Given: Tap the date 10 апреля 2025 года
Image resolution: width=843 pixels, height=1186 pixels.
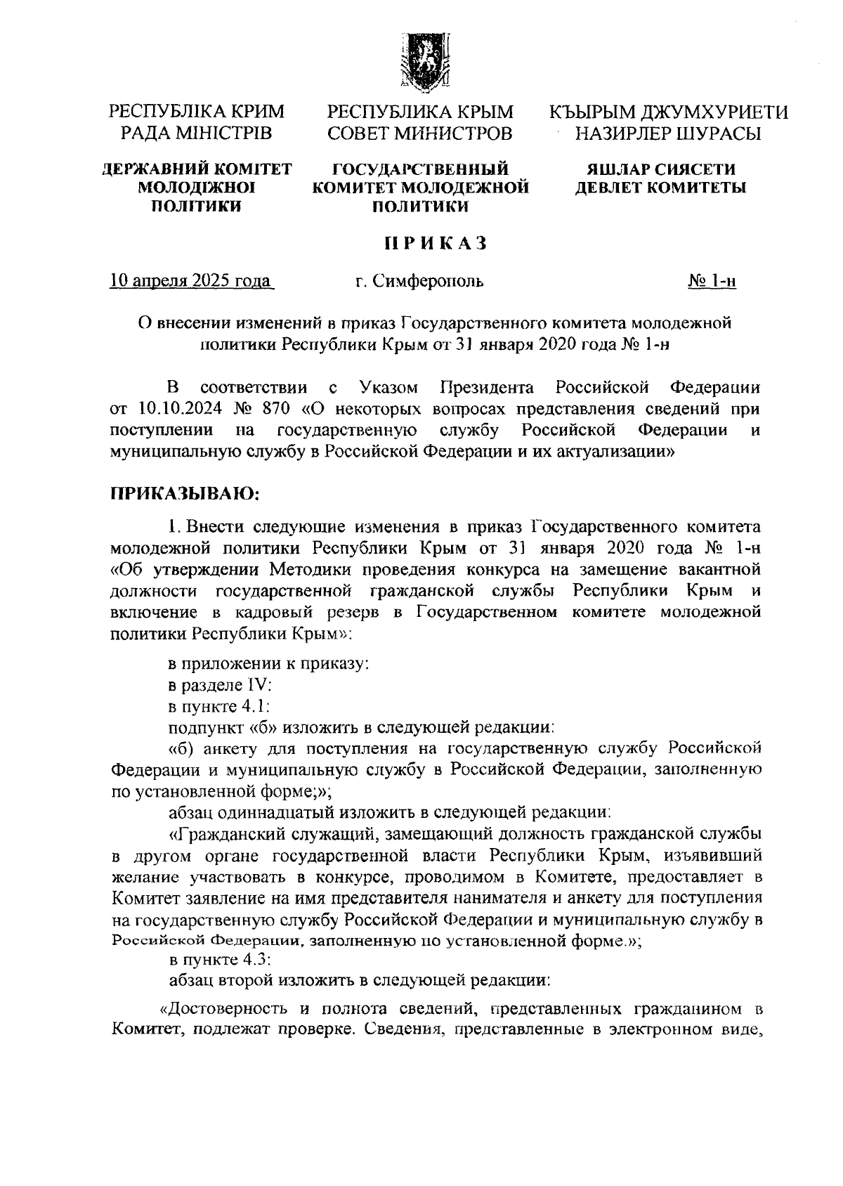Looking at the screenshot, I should coord(191,282).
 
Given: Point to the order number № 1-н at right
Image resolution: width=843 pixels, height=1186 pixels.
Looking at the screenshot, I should coord(712,282).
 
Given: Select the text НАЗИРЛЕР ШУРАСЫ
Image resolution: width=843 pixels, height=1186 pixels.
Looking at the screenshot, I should coord(667,133).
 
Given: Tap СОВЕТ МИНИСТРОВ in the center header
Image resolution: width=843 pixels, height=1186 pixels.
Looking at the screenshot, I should coord(420,133).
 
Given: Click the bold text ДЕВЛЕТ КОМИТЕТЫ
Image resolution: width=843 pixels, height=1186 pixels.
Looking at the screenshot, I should coord(661,188).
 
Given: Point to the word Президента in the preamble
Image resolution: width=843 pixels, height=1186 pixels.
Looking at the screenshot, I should coord(487,388).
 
